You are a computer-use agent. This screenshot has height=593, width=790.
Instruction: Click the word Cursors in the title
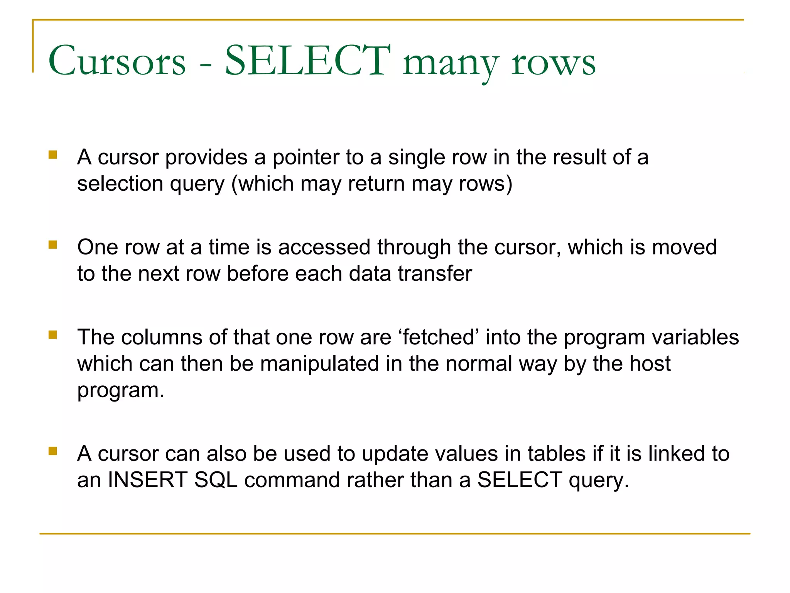117,61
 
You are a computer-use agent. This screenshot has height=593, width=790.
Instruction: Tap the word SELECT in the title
307,60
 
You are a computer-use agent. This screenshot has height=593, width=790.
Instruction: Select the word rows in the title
554,63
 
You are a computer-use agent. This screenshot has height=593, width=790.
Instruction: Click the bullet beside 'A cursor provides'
53,155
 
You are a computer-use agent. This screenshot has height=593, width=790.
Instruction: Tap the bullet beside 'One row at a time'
53,245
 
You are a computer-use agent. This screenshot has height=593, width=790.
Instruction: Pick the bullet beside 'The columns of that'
53,335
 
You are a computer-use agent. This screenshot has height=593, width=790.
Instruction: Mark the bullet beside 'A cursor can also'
53,451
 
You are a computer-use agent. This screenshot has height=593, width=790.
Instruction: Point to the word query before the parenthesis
197,184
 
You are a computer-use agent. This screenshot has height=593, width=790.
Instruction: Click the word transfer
435,274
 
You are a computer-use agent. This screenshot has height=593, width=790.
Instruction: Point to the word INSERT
147,480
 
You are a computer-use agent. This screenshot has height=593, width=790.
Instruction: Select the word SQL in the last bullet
216,480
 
